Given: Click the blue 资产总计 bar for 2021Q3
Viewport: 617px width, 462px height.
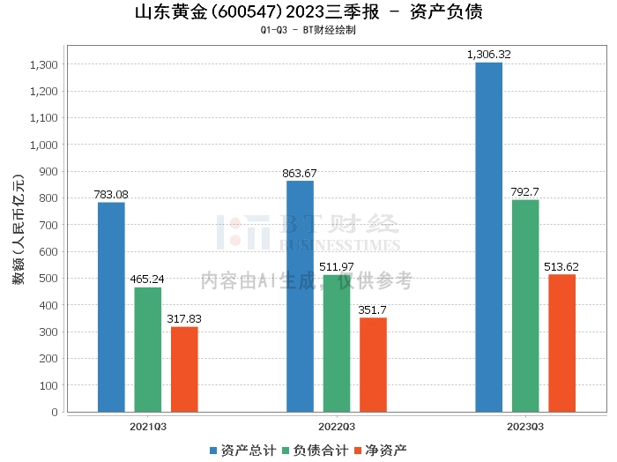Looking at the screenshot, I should click(x=111, y=307).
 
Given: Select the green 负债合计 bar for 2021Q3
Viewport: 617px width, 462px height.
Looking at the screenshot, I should click(x=148, y=349).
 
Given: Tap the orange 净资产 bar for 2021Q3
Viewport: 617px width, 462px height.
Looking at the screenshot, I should click(x=184, y=369).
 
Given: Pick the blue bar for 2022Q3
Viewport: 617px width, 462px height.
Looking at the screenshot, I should click(x=300, y=296).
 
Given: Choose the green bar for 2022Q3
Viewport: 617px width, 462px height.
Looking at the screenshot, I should click(x=337, y=343).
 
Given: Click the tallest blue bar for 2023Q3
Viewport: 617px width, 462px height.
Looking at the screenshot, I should click(x=488, y=237).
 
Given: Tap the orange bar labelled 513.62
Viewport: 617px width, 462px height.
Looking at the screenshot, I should click(x=561, y=343).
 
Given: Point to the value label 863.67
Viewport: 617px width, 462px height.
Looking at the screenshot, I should click(x=300, y=173).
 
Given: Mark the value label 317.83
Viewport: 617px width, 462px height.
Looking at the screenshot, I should click(x=184, y=319).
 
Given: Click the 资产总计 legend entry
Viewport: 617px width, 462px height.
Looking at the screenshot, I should click(x=241, y=450).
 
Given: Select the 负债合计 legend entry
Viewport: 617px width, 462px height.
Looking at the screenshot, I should click(x=312, y=450).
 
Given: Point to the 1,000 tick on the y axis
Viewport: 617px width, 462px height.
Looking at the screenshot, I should click(x=42, y=145).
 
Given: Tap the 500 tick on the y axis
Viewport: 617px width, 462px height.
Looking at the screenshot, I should click(x=47, y=279).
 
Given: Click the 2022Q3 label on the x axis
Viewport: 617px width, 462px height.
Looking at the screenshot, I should click(x=337, y=427).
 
